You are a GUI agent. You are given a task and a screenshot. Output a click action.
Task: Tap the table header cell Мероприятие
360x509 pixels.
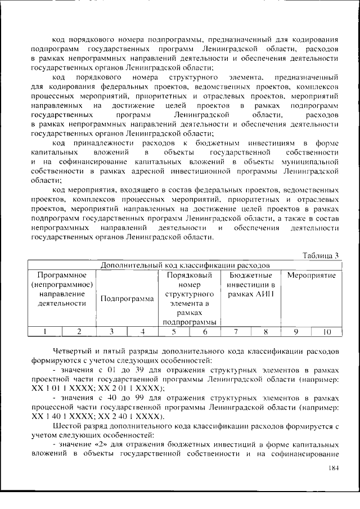[x=311, y=276]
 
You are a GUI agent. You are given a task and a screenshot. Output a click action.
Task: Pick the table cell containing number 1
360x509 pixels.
[x=44, y=332]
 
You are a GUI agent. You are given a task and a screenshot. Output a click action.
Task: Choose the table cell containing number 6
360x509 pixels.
[x=205, y=332]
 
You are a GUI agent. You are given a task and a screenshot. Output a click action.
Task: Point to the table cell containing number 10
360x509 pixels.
[x=327, y=332]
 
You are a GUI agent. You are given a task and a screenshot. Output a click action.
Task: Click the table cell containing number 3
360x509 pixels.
[x=111, y=332]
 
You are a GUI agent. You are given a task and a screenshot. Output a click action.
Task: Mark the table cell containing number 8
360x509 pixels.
[x=265, y=332]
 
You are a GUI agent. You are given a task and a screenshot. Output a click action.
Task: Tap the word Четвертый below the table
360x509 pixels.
[x=72, y=352]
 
